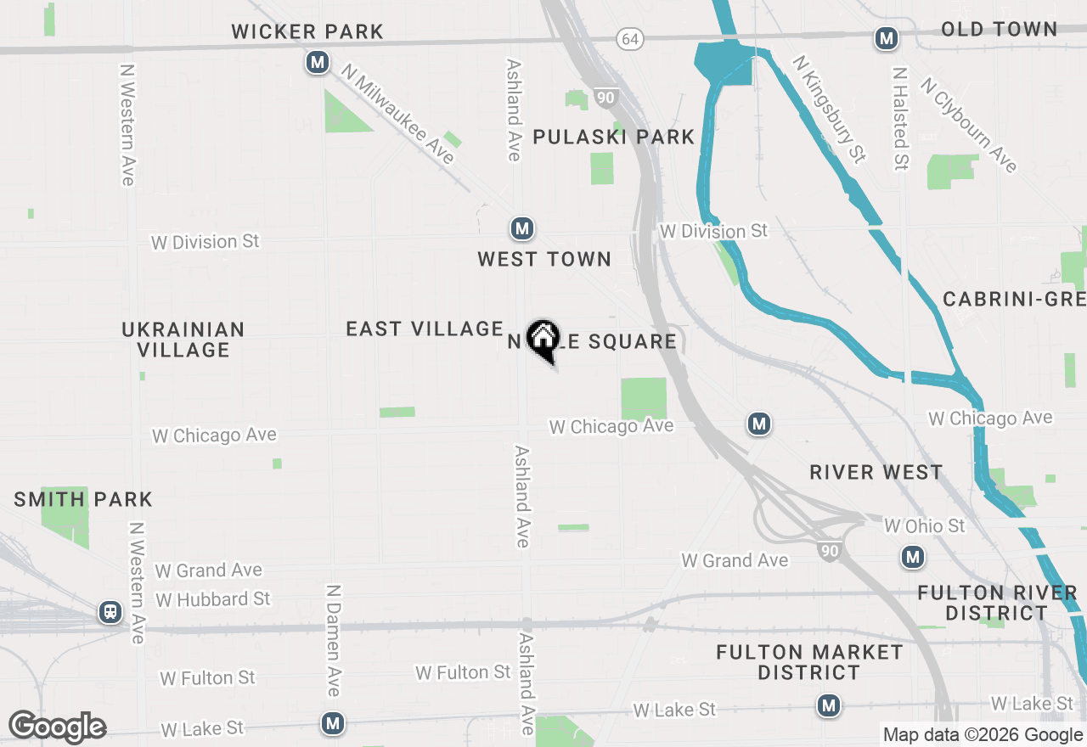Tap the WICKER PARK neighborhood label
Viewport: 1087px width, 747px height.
coord(307,32)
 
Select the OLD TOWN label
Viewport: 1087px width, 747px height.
coord(999,30)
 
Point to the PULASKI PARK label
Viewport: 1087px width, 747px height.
coord(613,137)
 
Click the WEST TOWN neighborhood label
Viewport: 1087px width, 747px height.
coord(544,260)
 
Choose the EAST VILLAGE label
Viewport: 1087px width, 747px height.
coord(425,329)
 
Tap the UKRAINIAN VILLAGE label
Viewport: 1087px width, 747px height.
coord(183,340)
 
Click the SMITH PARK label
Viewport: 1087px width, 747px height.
coord(83,499)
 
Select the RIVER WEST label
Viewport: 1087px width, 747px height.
coord(876,473)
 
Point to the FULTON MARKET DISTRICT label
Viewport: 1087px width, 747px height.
coord(809,662)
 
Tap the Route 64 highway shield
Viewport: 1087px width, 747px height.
coord(629,39)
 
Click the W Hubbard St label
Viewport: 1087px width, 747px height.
coord(212,599)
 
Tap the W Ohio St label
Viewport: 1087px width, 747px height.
coord(924,526)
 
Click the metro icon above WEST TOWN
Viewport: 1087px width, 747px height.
coord(521,228)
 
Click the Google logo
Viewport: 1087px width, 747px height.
coord(57,727)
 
